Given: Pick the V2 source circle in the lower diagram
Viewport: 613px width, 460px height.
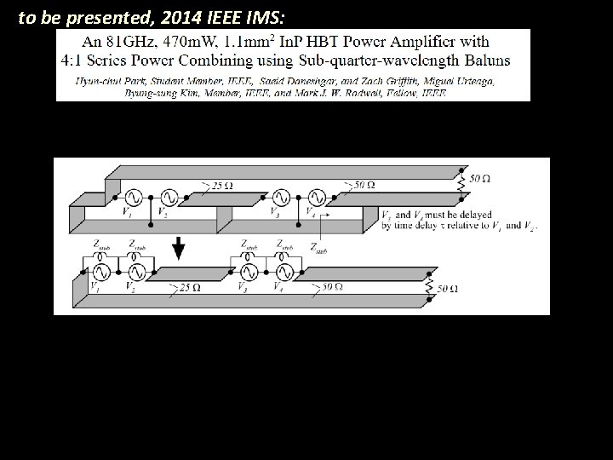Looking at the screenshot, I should coord(135,273).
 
